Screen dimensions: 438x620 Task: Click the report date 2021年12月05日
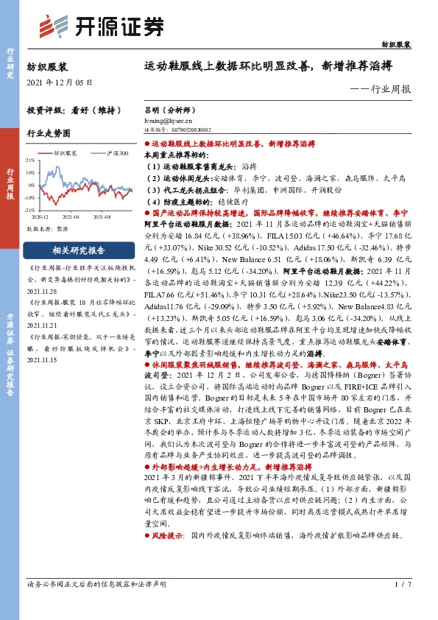55,82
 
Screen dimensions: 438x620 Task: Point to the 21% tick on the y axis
29,160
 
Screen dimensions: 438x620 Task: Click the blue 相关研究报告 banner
77,250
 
